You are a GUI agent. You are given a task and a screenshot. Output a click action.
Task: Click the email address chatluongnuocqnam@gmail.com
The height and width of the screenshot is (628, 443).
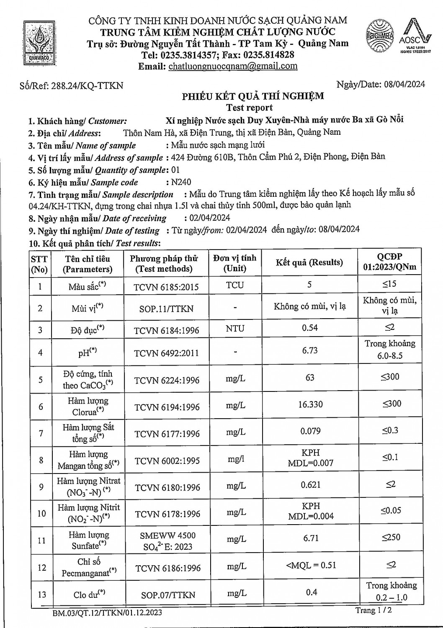(233, 66)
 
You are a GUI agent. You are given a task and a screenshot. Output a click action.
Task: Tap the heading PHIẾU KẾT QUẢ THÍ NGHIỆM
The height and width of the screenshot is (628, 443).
(252, 96)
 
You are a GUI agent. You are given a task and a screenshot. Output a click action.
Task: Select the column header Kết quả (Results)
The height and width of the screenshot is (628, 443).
(309, 263)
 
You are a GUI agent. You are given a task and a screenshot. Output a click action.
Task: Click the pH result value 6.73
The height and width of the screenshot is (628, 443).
(310, 350)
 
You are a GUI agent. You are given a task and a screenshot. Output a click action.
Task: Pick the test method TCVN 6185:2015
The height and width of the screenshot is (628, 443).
(166, 287)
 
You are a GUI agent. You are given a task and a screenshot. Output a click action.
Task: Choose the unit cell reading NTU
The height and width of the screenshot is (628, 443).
(235, 329)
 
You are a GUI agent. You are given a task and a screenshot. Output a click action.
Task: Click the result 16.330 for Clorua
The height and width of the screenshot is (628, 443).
(310, 404)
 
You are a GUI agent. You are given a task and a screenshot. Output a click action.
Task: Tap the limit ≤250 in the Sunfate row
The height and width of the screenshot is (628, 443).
(390, 537)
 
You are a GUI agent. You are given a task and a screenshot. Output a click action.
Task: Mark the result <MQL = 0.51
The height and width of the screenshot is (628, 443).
(311, 566)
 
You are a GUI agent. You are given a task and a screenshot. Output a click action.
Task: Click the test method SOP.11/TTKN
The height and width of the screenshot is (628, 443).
(166, 309)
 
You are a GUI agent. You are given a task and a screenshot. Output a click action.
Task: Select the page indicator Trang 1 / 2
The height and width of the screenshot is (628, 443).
(373, 610)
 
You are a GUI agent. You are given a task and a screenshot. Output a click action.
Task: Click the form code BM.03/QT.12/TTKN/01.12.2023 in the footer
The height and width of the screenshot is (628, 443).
(107, 613)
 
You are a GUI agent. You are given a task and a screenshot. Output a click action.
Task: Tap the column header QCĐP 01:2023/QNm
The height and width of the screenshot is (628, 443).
(390, 262)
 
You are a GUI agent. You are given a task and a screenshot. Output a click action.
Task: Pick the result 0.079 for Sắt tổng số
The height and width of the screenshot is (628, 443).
(310, 431)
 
